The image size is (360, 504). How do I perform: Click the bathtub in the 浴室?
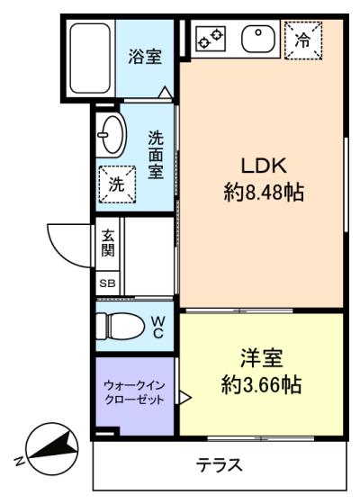(90, 58)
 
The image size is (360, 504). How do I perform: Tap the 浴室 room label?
(145, 57)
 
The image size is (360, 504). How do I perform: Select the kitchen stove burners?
(211, 38)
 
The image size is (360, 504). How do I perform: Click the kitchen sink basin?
(258, 39)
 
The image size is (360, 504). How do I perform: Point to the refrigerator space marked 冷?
(303, 40)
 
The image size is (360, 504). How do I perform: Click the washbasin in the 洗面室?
(111, 135)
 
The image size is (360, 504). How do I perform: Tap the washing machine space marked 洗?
(117, 184)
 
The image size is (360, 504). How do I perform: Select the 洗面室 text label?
(156, 155)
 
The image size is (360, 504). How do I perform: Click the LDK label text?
(264, 166)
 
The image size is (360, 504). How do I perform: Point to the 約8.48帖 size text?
(264, 193)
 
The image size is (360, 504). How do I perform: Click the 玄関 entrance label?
(108, 243)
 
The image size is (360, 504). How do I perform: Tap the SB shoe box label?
(107, 283)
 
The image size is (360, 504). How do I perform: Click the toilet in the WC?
(120, 326)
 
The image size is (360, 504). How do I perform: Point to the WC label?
(158, 328)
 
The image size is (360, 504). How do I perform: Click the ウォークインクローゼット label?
(135, 392)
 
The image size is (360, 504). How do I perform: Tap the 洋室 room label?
(262, 358)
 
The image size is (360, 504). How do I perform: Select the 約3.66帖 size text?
(261, 384)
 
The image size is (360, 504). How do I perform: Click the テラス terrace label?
(220, 464)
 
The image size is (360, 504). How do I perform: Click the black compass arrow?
(54, 445)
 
